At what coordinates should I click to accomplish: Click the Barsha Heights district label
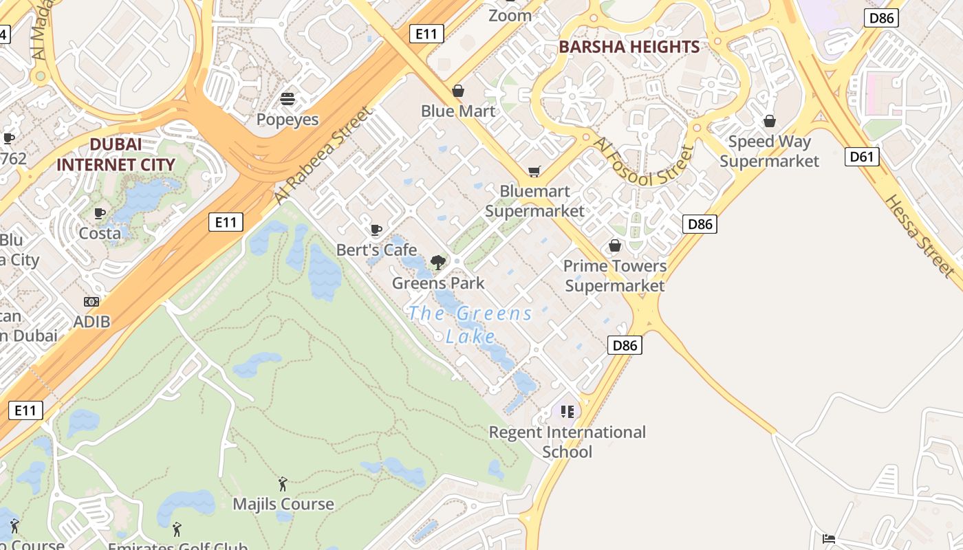point(629,47)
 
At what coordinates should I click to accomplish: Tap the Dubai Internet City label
point(116,155)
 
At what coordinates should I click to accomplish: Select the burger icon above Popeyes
point(288,99)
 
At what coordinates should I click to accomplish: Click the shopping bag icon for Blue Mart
point(458,91)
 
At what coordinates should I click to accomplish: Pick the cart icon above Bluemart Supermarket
point(534,171)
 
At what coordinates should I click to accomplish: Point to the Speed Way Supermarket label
point(769,151)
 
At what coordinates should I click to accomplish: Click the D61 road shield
point(861,157)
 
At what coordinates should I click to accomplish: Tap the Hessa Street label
point(919,236)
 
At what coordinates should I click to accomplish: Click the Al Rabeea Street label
point(322,155)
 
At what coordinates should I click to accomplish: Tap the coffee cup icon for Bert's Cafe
point(376,230)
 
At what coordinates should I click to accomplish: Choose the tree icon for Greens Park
point(437,262)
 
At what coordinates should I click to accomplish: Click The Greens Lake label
point(470,324)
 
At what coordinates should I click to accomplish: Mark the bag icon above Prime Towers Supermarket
point(615,245)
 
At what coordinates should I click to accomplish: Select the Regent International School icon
point(567,412)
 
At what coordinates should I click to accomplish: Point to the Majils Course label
point(283,504)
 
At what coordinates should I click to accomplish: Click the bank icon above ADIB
point(91,302)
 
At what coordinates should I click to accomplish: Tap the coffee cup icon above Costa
point(100,213)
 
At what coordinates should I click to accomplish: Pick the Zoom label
point(510,15)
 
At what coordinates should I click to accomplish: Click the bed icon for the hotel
point(829,538)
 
